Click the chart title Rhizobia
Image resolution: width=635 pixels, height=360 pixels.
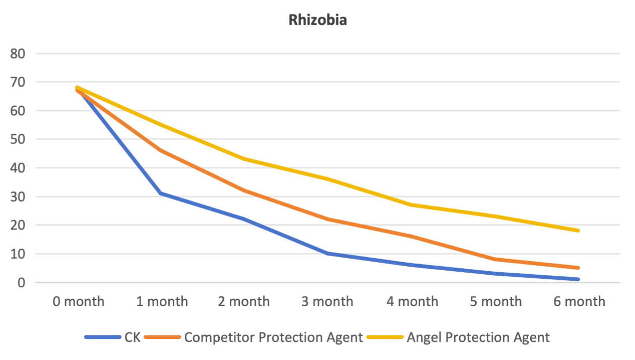pyautogui.click(x=317, y=20)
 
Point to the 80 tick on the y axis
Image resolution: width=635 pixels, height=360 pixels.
pyautogui.click(x=18, y=53)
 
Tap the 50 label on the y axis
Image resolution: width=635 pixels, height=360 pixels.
pyautogui.click(x=18, y=139)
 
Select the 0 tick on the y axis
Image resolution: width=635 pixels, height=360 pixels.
pyautogui.click(x=21, y=282)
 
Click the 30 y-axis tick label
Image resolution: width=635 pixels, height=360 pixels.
pyautogui.click(x=18, y=197)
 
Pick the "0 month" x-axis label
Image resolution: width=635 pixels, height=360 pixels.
pyautogui.click(x=79, y=302)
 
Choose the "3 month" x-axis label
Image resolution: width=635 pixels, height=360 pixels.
pyautogui.click(x=328, y=302)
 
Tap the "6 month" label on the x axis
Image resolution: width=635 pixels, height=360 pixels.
pyautogui.click(x=579, y=302)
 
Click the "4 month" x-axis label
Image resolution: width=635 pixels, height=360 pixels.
pyautogui.click(x=412, y=302)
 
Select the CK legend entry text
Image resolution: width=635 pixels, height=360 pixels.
pyautogui.click(x=133, y=337)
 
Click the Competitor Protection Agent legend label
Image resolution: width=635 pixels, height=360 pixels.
pyautogui.click(x=274, y=337)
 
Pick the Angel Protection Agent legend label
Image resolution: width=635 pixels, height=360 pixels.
pyautogui.click(x=478, y=337)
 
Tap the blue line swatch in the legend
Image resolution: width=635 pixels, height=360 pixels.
pyautogui.click(x=103, y=337)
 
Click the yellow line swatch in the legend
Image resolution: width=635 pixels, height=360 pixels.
pyautogui.click(x=385, y=337)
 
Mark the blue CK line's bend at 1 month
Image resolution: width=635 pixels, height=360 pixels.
pyautogui.click(x=161, y=194)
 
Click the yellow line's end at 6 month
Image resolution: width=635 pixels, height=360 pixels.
pyautogui.click(x=578, y=230)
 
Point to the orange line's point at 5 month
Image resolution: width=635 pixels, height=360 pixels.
pyautogui.click(x=495, y=259)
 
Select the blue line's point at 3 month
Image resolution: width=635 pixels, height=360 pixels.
pyautogui.click(x=328, y=253)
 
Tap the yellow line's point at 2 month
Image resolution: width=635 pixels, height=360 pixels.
pyautogui.click(x=244, y=159)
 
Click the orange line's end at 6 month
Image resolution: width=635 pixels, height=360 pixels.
pyautogui.click(x=578, y=268)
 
